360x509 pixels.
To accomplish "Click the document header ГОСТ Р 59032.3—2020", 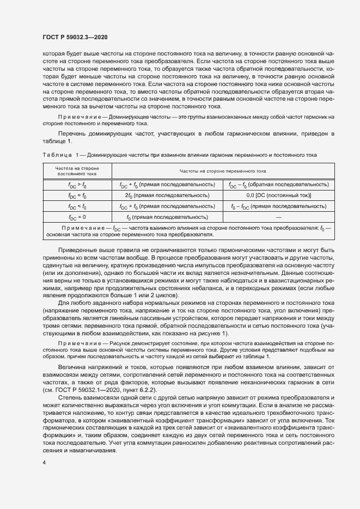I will coord(75,37).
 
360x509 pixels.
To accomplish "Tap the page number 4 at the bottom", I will coord(44,463).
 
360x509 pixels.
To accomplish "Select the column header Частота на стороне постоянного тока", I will coord(77,171).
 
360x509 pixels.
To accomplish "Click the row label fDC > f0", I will coord(77,185).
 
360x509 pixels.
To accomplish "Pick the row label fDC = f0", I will coord(77,195).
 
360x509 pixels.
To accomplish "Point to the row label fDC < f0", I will coord(77,206).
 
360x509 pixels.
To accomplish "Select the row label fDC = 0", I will coord(77,217).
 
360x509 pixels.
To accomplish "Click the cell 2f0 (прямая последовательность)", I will coord(167,195).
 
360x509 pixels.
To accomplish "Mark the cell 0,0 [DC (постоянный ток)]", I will coord(278,195).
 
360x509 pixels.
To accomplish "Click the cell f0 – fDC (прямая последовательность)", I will coord(278,206).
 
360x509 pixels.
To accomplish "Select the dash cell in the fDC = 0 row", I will coord(278,217).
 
